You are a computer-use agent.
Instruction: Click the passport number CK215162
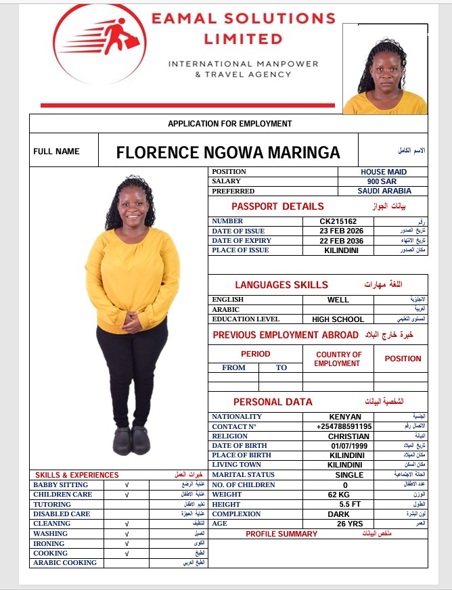coord(338,221)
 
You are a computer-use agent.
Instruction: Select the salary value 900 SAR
coord(382,181)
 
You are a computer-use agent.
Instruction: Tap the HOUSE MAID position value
coord(383,172)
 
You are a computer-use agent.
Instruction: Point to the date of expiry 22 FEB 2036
coord(341,241)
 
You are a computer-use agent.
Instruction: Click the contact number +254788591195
coord(344,427)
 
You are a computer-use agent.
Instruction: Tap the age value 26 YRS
coord(344,524)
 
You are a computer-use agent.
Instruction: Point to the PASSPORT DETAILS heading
coord(277,206)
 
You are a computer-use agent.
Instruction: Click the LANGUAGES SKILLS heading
coord(281,285)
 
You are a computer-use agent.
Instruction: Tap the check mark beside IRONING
coord(127,543)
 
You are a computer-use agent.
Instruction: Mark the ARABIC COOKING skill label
coord(65,563)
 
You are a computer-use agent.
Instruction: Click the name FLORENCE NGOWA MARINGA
coord(228,152)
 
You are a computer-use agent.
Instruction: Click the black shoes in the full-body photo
coord(131,440)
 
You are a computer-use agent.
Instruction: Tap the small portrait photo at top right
coord(385,69)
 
